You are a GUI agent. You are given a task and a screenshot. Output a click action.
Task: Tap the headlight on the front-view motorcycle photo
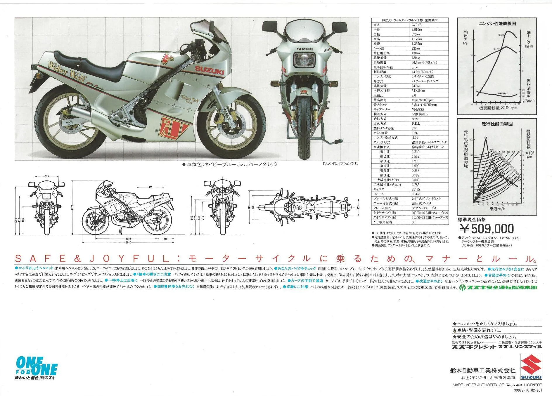pos(304,61)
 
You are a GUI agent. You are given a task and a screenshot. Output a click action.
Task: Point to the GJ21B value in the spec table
pos(416,25)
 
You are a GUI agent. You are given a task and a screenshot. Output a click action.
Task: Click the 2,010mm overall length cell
pos(417,29)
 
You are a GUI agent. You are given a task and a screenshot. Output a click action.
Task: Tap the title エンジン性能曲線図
pos(497,23)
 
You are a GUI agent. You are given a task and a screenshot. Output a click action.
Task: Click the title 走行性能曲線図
pos(497,124)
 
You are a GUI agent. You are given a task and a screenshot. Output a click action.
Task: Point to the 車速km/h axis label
pos(497,209)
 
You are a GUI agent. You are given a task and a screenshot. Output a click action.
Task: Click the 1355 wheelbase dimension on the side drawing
pos(128,239)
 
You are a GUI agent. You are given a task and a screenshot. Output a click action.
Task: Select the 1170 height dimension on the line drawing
pos(72,207)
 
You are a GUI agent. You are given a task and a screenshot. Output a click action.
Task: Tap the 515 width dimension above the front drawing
pos(47,176)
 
